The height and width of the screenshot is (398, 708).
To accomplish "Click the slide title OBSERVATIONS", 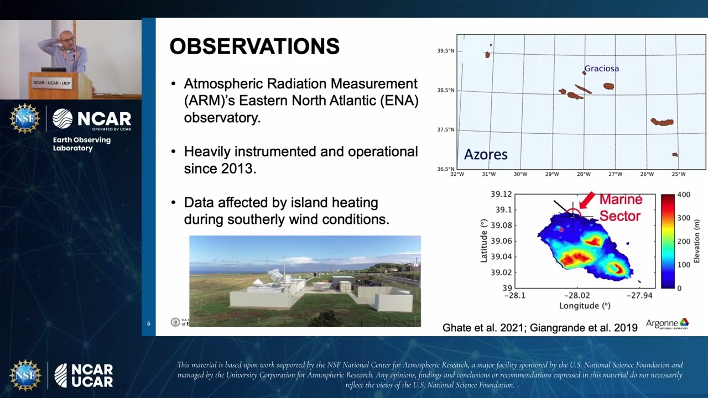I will click(x=254, y=46).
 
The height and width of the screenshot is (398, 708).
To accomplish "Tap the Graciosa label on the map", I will click(x=601, y=69).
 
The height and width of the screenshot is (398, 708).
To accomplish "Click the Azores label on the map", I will click(x=485, y=154).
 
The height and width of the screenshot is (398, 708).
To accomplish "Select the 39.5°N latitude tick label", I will click(x=445, y=51).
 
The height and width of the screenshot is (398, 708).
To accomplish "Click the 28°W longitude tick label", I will click(x=584, y=174).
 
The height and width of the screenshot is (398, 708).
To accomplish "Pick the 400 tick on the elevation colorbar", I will click(x=683, y=195).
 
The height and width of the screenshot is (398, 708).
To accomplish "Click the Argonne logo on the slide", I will click(x=667, y=324).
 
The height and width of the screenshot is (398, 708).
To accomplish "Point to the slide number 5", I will click(x=148, y=324).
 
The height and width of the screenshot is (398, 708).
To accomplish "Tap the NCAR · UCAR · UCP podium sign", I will click(x=51, y=83).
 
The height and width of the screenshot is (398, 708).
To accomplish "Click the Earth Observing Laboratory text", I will click(x=81, y=144).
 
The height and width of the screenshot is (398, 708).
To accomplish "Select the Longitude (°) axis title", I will click(x=584, y=306).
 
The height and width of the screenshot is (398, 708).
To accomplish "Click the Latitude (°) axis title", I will click(x=485, y=240).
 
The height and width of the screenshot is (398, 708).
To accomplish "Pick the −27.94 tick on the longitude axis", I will click(x=639, y=296).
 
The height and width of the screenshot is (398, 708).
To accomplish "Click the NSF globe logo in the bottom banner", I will click(x=25, y=375).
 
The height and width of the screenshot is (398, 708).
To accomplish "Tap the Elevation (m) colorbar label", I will click(x=696, y=241).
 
